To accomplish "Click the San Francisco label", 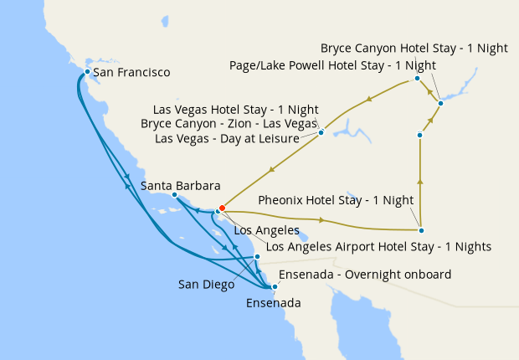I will (x=131, y=73).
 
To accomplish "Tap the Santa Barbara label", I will (x=181, y=185).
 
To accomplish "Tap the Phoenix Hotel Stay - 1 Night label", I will (x=337, y=200).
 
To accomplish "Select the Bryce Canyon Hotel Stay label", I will (x=414, y=49).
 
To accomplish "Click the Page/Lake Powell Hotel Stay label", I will (x=332, y=65).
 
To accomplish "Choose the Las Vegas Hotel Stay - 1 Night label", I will (x=237, y=110).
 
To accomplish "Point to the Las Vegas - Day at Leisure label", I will (x=228, y=138).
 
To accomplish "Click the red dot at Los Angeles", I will (x=221, y=208).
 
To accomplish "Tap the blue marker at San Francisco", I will (x=87, y=72).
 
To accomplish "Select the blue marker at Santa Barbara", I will (x=174, y=196).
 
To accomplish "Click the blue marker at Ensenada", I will (x=275, y=287).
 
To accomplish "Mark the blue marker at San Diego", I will (x=257, y=257).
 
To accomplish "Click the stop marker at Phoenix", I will (x=421, y=230).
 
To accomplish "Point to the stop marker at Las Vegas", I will (x=321, y=132).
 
